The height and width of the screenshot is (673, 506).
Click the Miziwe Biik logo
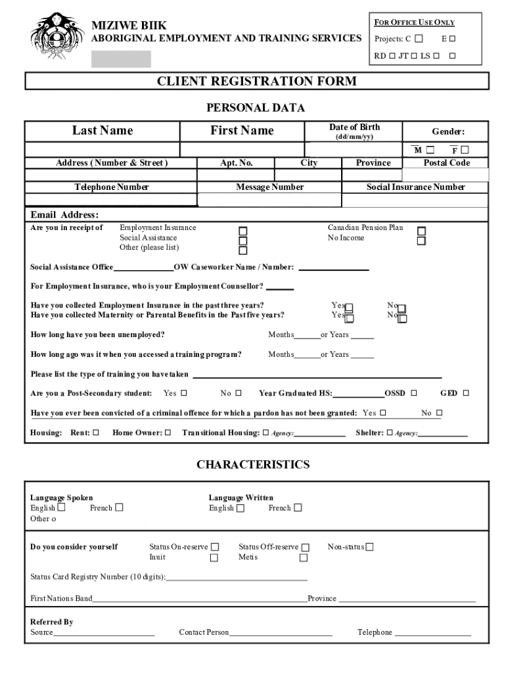[x=59, y=39]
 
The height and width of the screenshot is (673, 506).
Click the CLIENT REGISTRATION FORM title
[x=256, y=81]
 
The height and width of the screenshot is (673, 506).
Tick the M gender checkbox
[x=430, y=151]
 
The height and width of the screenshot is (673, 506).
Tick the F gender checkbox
[x=465, y=151]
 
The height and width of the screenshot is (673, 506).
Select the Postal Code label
[x=446, y=163]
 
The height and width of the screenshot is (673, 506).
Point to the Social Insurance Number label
[x=415, y=187]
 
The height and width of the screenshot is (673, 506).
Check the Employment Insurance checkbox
[x=243, y=231]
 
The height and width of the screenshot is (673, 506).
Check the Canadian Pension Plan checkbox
[x=421, y=231]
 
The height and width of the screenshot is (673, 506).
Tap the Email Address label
[x=64, y=215]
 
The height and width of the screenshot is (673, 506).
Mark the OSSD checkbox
[x=414, y=394]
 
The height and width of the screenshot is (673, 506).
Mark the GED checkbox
[x=466, y=394]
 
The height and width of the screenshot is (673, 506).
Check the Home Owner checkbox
[x=168, y=432]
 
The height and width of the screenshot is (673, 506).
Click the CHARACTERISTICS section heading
[x=253, y=465]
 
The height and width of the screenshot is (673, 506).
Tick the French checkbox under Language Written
[x=298, y=508]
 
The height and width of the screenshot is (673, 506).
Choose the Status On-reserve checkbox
[x=214, y=547]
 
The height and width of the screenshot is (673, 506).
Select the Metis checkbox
[x=303, y=558]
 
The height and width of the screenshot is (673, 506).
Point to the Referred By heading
[x=52, y=622]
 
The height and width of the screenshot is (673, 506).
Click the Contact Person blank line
[x=281, y=633]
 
